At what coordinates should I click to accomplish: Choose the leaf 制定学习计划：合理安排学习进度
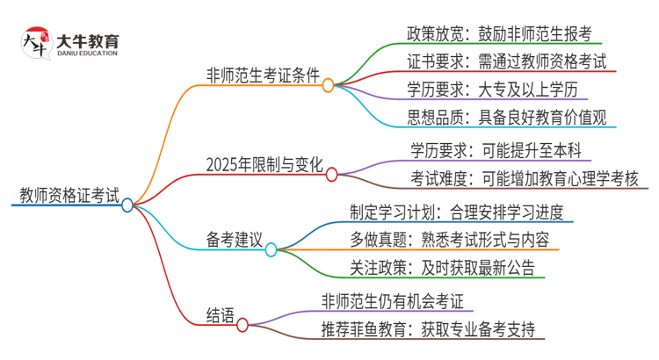(x=461, y=213)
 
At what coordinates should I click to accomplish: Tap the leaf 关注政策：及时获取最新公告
(x=442, y=268)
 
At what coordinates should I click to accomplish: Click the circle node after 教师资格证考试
(x=127, y=205)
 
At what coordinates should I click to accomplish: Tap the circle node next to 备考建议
(x=272, y=249)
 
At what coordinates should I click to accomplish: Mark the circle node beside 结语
(x=243, y=325)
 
